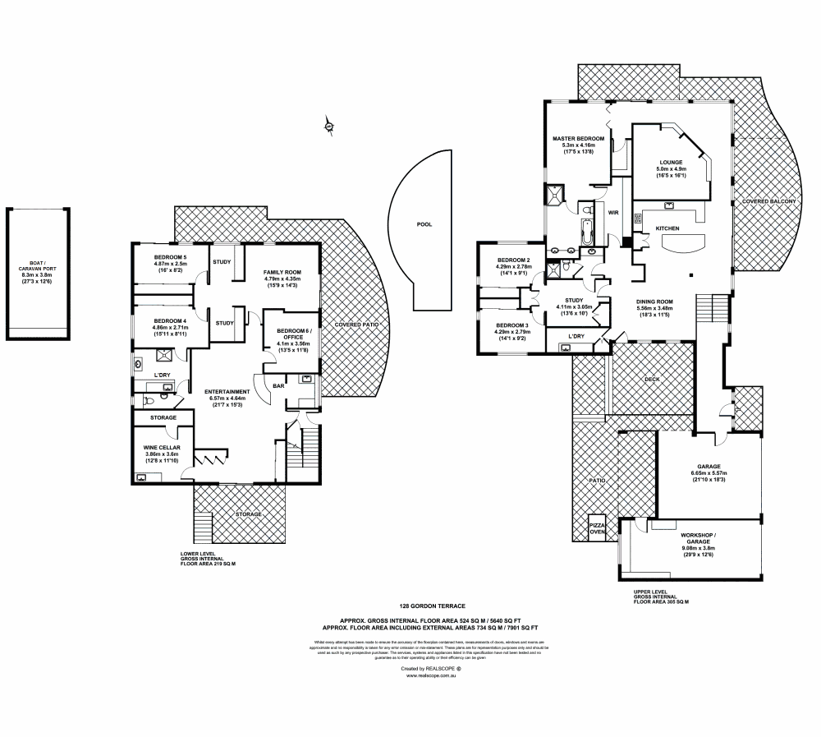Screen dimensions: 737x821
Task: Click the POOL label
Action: tap(424, 223)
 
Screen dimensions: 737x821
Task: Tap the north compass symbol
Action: tap(328, 125)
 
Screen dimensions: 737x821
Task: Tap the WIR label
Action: tap(612, 213)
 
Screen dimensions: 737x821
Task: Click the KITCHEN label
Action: tap(667, 228)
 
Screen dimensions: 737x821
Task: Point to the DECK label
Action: tap(651, 380)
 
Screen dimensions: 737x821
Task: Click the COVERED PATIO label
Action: tap(356, 325)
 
